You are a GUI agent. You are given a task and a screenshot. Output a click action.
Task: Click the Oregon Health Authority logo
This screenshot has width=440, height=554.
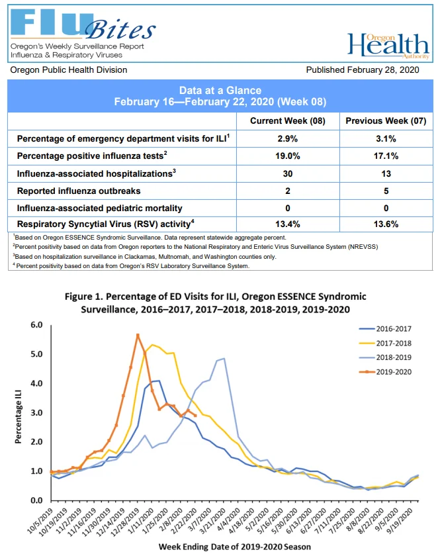[388, 46]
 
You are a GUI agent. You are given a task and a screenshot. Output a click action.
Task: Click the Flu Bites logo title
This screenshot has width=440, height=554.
[83, 24]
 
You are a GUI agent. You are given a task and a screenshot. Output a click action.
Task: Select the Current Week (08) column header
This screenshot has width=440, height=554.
[288, 121]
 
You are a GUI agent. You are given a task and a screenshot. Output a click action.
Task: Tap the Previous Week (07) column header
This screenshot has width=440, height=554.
[386, 121]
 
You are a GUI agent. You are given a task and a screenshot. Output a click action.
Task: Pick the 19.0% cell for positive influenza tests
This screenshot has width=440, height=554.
[288, 156]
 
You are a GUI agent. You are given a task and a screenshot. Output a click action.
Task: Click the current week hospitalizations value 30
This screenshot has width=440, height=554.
[288, 173]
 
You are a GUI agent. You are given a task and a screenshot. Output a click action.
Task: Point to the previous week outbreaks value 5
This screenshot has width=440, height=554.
[386, 191]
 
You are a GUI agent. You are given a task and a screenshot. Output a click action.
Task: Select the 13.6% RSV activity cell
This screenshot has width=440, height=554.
[386, 224]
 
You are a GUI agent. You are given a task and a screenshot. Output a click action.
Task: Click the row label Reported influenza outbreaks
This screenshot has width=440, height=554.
[79, 191]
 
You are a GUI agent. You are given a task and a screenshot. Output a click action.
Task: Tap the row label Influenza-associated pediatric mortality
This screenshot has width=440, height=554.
[100, 208]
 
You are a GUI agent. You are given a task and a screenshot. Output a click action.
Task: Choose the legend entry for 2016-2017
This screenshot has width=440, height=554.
[385, 328]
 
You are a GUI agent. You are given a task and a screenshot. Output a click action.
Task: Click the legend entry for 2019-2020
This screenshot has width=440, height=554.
[385, 372]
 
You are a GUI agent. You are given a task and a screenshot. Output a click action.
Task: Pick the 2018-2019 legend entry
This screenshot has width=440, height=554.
[385, 357]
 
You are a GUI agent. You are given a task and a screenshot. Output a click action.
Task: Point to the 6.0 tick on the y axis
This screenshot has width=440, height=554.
[37, 325]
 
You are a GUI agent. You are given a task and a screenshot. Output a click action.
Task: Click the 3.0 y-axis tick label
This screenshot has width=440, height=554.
[37, 412]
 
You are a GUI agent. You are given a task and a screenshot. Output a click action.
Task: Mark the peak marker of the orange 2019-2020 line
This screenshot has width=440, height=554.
[138, 335]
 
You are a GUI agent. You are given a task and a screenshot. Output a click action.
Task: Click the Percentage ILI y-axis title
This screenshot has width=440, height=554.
[18, 416]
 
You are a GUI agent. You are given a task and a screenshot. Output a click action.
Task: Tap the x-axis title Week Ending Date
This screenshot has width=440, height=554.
[235, 547]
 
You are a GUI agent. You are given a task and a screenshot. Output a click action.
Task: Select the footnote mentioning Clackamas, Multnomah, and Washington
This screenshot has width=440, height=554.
[145, 257]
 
